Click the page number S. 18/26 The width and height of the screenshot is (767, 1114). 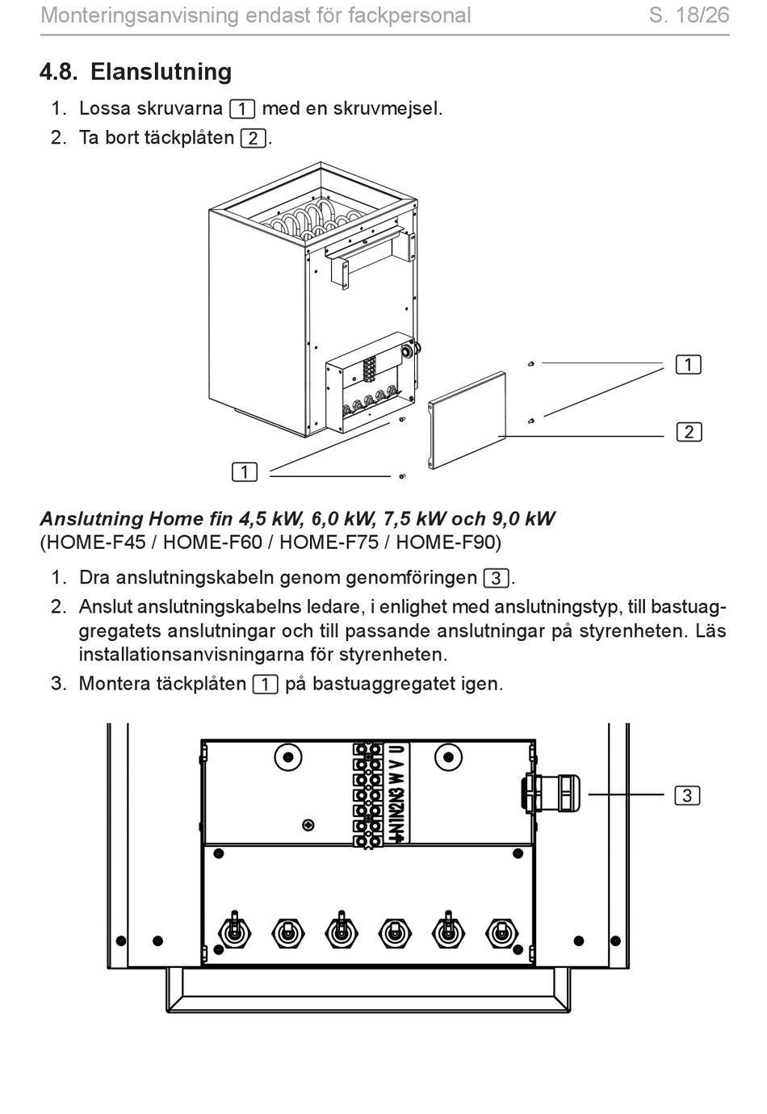(x=689, y=15)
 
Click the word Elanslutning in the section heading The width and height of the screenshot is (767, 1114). (x=161, y=72)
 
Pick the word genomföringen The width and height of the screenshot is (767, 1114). (x=411, y=578)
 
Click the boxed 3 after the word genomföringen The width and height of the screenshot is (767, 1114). (x=496, y=579)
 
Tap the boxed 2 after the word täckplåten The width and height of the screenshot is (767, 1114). (x=253, y=138)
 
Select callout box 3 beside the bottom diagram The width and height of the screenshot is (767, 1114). (x=687, y=796)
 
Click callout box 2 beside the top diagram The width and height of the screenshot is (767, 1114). (x=689, y=432)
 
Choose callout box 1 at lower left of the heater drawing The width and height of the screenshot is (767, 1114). (x=245, y=472)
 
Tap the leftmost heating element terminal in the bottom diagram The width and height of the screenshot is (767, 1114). (x=234, y=933)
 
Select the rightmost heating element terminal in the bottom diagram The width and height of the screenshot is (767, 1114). (x=501, y=933)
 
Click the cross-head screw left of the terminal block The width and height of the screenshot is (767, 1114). (x=307, y=825)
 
